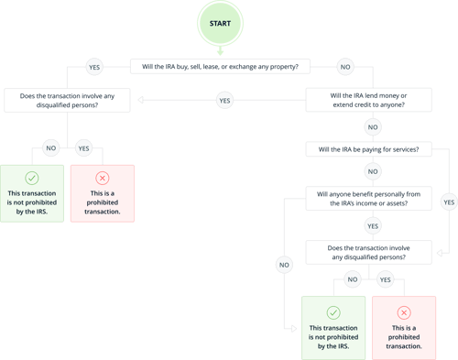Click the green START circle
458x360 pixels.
click(x=221, y=23)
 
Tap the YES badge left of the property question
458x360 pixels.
click(x=93, y=68)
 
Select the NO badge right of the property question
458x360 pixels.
click(x=344, y=68)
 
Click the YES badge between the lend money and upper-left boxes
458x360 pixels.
click(x=223, y=99)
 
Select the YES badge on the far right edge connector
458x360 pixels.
click(x=447, y=200)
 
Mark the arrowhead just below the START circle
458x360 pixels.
click(x=221, y=51)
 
